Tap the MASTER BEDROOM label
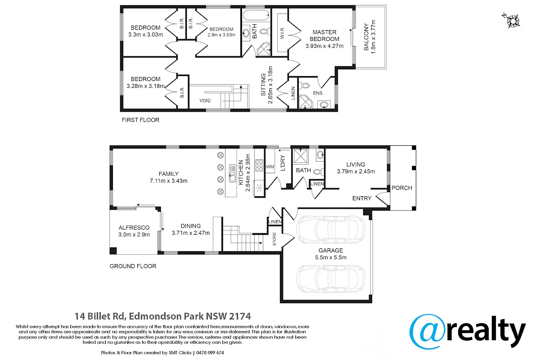(324, 36)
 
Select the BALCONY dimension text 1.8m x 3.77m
(373, 37)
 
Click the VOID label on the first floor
(205, 100)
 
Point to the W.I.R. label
(282, 32)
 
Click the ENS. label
(318, 93)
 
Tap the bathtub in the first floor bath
(256, 15)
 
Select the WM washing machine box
(270, 166)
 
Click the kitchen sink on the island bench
(232, 173)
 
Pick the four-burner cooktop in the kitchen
(259, 165)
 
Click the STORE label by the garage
(274, 239)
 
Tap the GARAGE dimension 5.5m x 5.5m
(330, 257)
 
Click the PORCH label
(401, 188)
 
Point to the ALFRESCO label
(134, 228)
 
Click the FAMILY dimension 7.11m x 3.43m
(168, 181)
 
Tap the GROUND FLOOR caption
(133, 266)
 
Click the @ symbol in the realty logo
(428, 332)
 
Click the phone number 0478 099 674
(210, 353)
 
